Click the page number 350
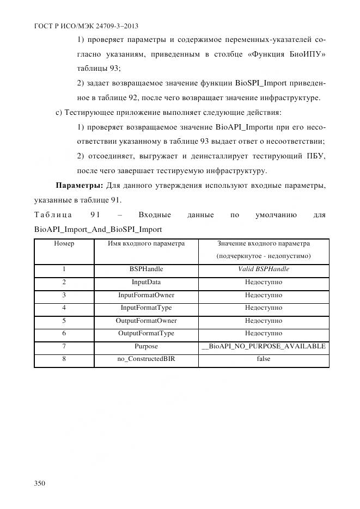(40, 483)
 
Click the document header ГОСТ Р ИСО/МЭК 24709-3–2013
(78, 26)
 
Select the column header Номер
(64, 243)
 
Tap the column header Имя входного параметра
(146, 243)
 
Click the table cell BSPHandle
(146, 269)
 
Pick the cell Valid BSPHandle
(264, 269)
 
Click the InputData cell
(146, 282)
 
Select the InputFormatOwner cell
(146, 295)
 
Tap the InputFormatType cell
(146, 308)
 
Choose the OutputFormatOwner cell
(146, 321)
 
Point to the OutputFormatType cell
(146, 333)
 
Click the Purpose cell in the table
(146, 346)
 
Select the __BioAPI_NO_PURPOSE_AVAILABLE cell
(264, 346)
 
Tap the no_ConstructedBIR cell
(146, 359)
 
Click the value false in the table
(264, 359)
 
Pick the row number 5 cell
(64, 321)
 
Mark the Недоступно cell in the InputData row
(264, 282)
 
